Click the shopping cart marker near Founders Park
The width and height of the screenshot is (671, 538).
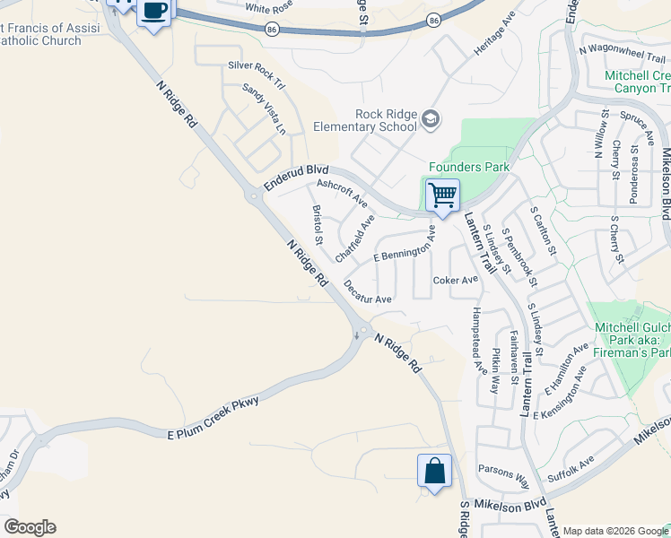click(x=442, y=195)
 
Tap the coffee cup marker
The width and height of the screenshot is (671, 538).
click(x=156, y=11)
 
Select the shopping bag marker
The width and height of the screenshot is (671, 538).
click(x=434, y=471)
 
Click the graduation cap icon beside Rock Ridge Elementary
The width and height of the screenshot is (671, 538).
click(x=431, y=119)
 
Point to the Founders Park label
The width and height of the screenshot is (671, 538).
click(x=468, y=167)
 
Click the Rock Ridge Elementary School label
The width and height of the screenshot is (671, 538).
click(x=365, y=120)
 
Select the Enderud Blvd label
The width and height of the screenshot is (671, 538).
click(x=296, y=178)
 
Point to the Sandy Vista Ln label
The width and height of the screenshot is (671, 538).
click(x=264, y=108)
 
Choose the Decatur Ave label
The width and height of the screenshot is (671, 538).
click(x=368, y=292)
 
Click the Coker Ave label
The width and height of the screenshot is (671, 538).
click(x=456, y=280)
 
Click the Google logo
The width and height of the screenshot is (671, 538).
click(x=30, y=527)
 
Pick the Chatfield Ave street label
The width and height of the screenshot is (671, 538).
click(x=354, y=238)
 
